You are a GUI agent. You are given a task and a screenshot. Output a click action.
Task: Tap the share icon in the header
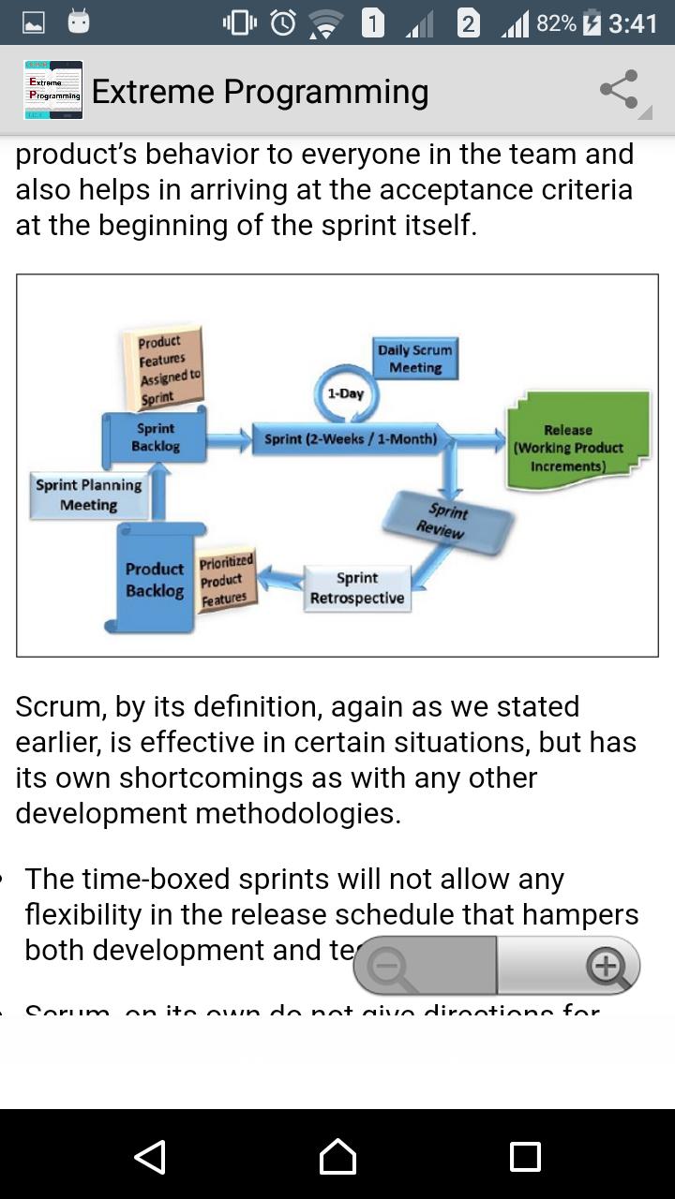(x=619, y=90)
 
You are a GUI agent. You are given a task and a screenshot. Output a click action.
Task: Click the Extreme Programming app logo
(x=53, y=90)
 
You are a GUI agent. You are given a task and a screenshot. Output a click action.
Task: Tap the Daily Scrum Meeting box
(x=415, y=359)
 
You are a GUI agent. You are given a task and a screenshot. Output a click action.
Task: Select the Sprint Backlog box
(x=156, y=437)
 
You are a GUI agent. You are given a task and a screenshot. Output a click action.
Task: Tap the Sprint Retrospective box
(x=357, y=588)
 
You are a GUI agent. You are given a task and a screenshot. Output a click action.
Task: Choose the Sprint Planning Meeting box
(x=89, y=495)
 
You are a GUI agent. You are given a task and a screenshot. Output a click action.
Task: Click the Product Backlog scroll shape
(x=155, y=579)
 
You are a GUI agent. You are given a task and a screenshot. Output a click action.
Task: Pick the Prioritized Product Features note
(x=225, y=580)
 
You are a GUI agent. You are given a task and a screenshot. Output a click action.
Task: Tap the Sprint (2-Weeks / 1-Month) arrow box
(x=351, y=438)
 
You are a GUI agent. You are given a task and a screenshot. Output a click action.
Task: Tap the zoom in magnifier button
(x=606, y=965)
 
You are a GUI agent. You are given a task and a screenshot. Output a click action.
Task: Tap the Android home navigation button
(x=337, y=1157)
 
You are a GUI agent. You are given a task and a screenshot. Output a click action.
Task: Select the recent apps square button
(x=525, y=1157)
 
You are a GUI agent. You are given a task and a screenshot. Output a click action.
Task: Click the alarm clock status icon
(x=283, y=22)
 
